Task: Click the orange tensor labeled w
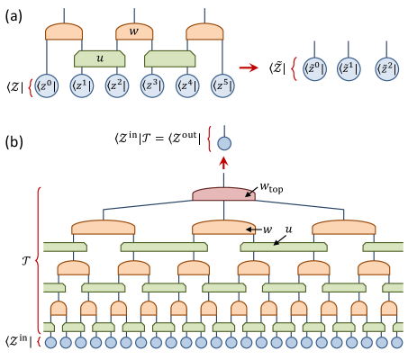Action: coord(134,31)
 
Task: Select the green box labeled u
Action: coord(99,58)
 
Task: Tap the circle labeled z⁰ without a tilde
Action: coord(46,86)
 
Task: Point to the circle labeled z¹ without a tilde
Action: coord(81,86)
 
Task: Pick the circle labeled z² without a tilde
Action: coord(117,86)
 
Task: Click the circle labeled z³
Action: coord(152,86)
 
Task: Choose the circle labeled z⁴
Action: coord(187,86)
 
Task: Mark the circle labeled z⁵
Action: coord(222,86)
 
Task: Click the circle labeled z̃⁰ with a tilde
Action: coord(314,69)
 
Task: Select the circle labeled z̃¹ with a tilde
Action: coord(349,69)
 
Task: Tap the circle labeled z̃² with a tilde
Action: coord(386,69)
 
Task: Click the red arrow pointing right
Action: coord(249,67)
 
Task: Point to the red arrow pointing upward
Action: coord(224,162)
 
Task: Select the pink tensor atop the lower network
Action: coord(223,194)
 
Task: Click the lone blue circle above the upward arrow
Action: coord(224,143)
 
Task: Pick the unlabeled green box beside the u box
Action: coord(169,58)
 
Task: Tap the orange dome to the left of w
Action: coord(64,31)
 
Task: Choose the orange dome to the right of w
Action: coord(204,31)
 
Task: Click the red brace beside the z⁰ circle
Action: coord(31,86)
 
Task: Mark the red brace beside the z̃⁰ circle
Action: coord(294,69)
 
